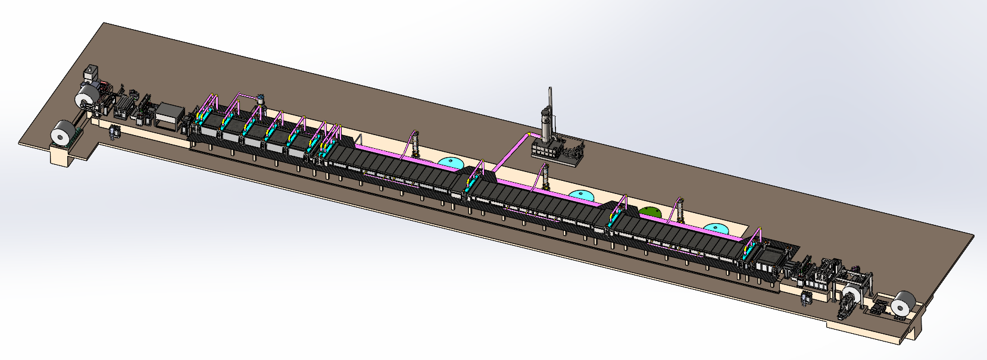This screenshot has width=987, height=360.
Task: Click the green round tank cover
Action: tap(650, 212)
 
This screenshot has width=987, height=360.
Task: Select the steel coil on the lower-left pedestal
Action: tap(62, 133)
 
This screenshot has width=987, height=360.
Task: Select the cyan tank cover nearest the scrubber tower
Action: tap(582, 195)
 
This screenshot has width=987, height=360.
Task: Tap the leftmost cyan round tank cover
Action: tap(451, 162)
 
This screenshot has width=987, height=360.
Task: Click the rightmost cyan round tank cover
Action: tap(715, 228)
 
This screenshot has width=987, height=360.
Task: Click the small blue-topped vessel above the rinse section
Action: tap(260, 98)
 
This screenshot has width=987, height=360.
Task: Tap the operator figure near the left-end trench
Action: tap(114, 132)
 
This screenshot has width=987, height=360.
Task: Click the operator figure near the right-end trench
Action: tap(807, 298)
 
